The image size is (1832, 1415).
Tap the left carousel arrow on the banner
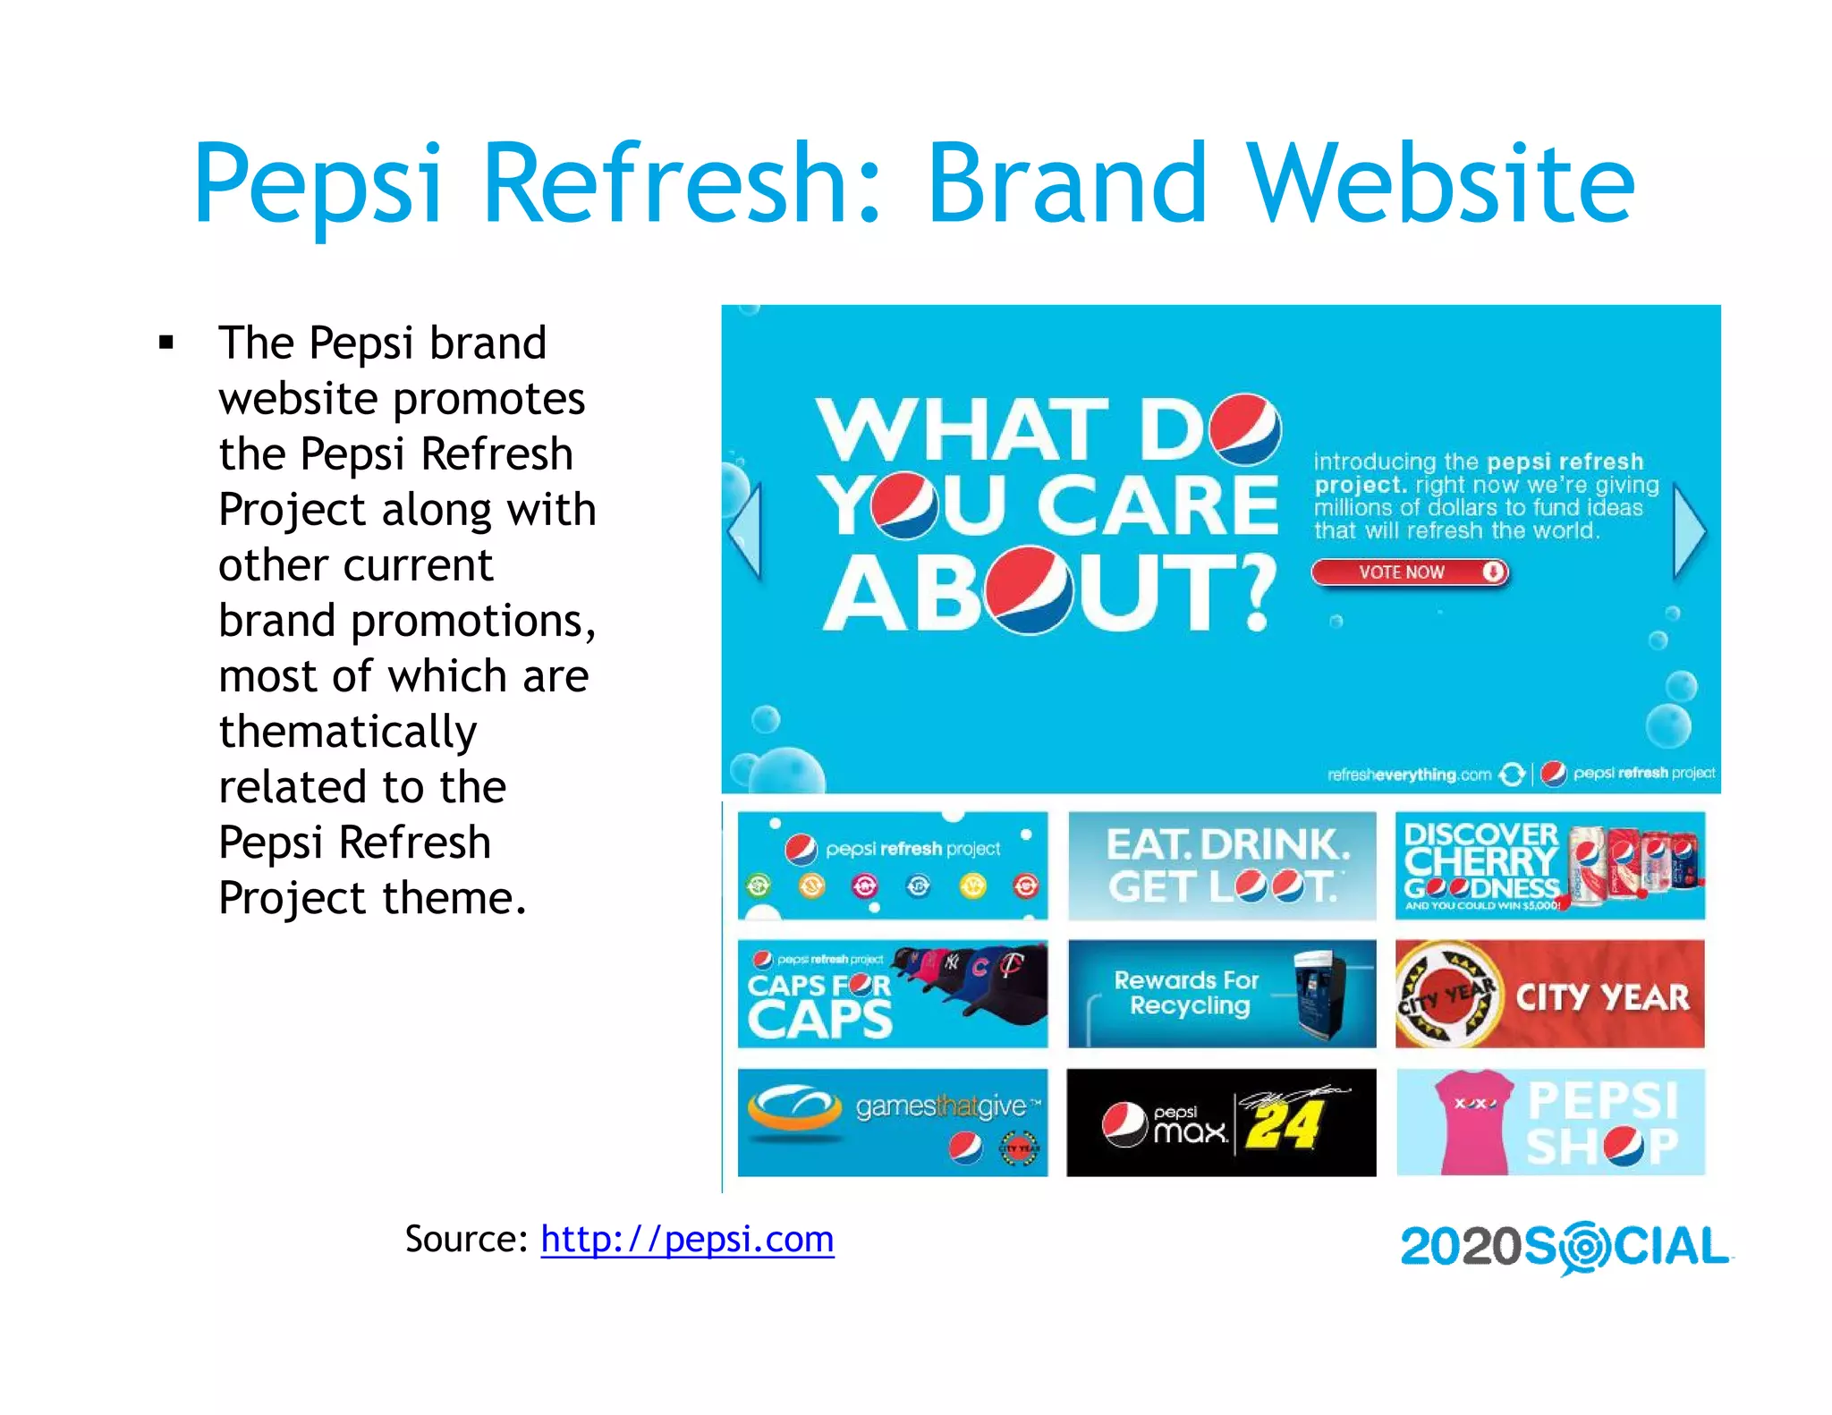click(x=745, y=531)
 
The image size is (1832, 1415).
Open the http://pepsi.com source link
click(x=687, y=1240)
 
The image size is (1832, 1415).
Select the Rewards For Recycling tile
click(x=1222, y=994)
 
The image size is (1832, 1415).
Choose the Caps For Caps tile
click(x=892, y=994)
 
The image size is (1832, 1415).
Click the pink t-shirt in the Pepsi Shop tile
click(x=1473, y=1123)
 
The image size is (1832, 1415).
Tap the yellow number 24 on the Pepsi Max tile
click(x=1284, y=1125)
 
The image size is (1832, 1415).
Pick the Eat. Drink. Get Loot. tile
click(x=1222, y=865)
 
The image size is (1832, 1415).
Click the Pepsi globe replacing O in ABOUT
click(x=1030, y=591)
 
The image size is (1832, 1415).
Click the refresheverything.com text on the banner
click(x=1409, y=775)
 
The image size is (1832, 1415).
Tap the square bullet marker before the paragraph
click(x=165, y=343)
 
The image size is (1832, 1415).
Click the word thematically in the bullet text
click(x=348, y=732)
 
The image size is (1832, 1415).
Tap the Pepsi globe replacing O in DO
click(x=1244, y=429)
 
